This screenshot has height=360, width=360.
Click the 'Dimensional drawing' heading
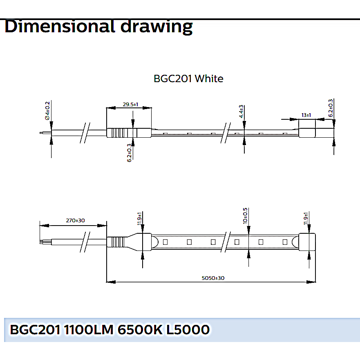[98, 27]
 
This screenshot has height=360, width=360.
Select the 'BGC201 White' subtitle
[188, 78]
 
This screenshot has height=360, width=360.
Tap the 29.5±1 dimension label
[130, 105]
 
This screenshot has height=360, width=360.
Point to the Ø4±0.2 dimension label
[47, 111]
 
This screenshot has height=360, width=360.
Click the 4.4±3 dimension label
[241, 112]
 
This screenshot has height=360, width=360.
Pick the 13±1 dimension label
[306, 115]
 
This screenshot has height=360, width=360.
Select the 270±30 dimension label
[75, 220]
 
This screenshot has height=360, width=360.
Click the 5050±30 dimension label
[213, 278]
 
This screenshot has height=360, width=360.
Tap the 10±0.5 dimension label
[245, 216]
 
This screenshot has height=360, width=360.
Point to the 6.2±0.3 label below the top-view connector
[129, 153]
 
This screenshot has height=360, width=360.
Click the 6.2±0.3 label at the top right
[331, 108]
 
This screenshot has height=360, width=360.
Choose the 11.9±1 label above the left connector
[139, 219]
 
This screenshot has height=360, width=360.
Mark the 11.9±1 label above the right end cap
[306, 219]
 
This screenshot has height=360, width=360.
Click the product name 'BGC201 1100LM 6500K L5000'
[110, 330]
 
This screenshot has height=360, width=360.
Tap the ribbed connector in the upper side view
[129, 133]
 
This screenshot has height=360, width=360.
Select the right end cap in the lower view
[307, 242]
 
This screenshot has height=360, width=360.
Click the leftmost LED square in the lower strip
[165, 242]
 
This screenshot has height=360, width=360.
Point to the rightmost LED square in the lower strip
[285, 242]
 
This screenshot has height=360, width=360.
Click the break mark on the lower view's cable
[85, 242]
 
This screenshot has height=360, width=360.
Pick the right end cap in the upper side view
[307, 133]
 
